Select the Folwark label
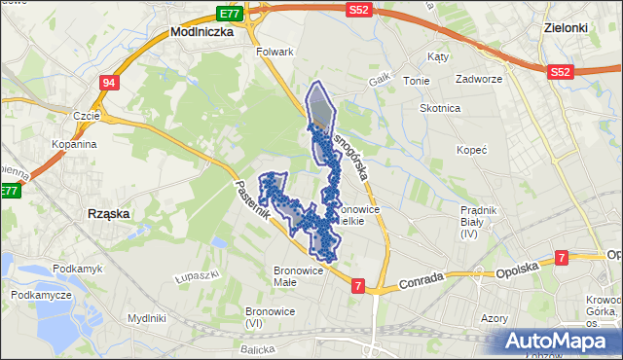(x=274, y=50)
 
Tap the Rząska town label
(x=109, y=213)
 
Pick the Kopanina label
(x=75, y=144)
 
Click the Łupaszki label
(x=195, y=277)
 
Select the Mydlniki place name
(x=146, y=318)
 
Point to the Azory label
(x=495, y=317)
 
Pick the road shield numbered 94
(x=108, y=83)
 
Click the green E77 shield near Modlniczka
(x=230, y=14)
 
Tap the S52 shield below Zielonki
(x=559, y=72)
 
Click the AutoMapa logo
(x=559, y=341)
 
